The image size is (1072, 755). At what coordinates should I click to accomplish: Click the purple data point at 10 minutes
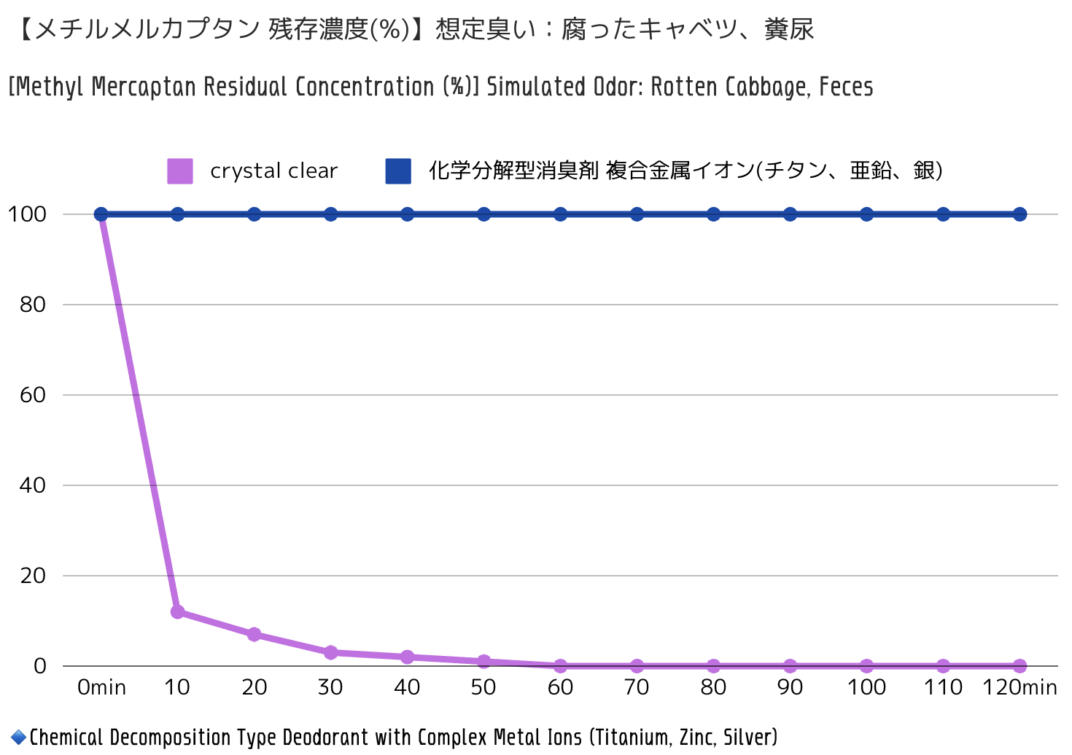tap(177, 611)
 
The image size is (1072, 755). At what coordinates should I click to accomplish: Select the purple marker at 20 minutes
tap(254, 634)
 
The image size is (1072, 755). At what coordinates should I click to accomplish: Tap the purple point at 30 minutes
tap(330, 652)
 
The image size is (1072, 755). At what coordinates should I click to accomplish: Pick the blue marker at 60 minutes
tap(560, 214)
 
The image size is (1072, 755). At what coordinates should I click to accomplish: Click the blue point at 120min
tap(1019, 214)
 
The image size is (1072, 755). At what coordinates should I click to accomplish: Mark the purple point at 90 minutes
tap(790, 665)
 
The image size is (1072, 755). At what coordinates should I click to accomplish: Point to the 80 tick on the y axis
tap(33, 305)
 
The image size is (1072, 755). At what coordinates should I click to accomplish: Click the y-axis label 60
tap(33, 395)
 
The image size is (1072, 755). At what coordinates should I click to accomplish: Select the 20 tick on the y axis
tap(33, 576)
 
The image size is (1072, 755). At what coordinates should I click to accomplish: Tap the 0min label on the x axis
tap(101, 687)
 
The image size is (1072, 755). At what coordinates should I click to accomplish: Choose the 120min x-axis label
tap(1019, 687)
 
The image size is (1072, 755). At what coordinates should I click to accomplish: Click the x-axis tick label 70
tap(637, 687)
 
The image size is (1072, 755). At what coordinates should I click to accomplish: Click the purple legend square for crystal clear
tap(180, 171)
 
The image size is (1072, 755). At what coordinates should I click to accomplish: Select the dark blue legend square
tap(398, 171)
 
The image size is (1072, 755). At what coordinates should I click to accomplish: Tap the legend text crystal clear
tap(273, 171)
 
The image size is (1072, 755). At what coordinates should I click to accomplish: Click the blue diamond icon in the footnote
tap(18, 738)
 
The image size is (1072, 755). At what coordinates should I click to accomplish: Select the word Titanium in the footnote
tap(632, 738)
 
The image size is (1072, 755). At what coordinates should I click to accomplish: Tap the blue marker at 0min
tap(101, 214)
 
